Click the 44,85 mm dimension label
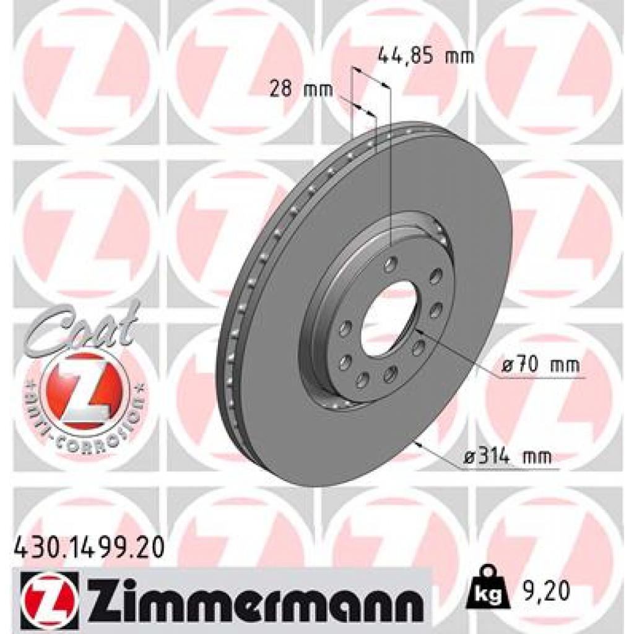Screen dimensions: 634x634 click(425, 58)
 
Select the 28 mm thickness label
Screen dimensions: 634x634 click(301, 90)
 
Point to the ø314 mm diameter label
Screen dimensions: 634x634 click(508, 458)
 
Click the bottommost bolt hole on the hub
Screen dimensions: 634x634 click(362, 379)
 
